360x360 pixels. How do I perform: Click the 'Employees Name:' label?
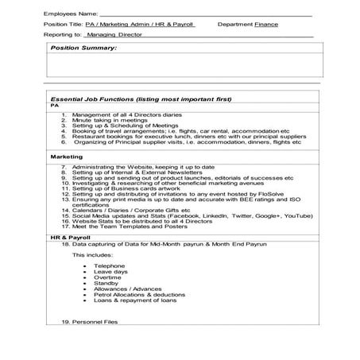pos(71,14)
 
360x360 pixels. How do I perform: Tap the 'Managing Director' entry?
pos(110,35)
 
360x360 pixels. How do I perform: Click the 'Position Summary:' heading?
pos(83,48)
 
